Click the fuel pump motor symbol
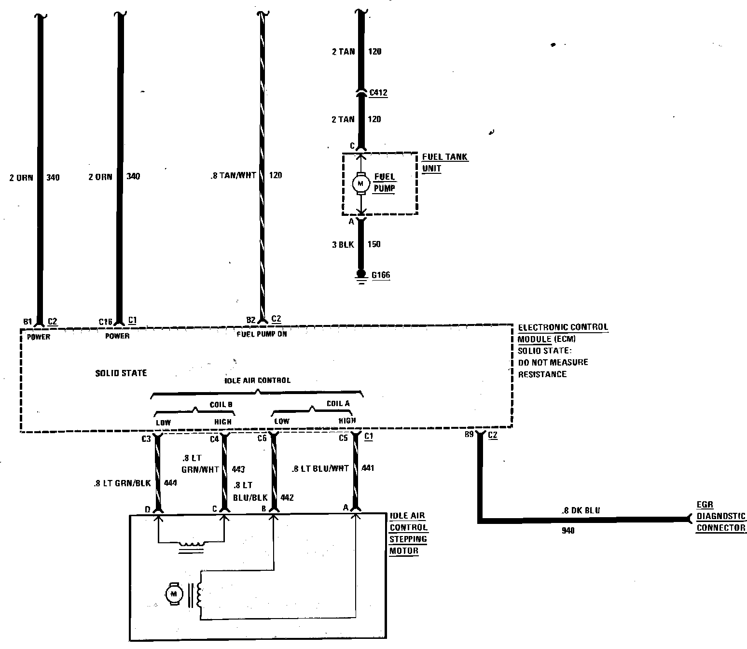(x=360, y=183)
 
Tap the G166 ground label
(x=380, y=275)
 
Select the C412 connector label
(x=378, y=93)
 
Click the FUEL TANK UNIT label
(x=444, y=163)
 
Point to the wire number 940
(x=568, y=531)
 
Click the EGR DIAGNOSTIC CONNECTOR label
(x=721, y=516)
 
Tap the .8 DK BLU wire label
(x=581, y=510)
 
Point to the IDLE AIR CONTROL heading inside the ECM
(x=258, y=381)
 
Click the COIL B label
(x=221, y=405)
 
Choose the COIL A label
(x=338, y=404)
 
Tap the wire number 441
(x=367, y=468)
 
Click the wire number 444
(x=170, y=483)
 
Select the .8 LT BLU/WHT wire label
(x=320, y=469)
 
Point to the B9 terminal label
(x=469, y=435)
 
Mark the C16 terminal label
(x=105, y=322)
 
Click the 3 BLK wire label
(x=343, y=245)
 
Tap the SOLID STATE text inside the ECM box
(x=121, y=373)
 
